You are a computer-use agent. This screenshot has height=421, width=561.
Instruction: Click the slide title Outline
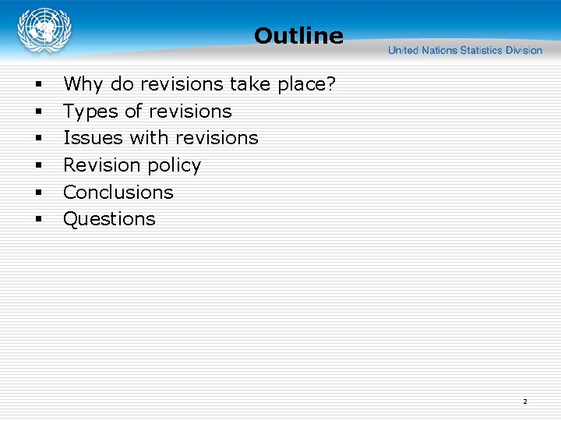pyautogui.click(x=298, y=36)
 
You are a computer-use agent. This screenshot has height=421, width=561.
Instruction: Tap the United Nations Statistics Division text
pyautogui.click(x=465, y=51)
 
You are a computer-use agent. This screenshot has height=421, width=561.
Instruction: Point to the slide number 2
pyautogui.click(x=524, y=402)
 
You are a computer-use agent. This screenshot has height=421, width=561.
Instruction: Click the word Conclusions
pyautogui.click(x=118, y=192)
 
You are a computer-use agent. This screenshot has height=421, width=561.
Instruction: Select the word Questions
pyautogui.click(x=109, y=219)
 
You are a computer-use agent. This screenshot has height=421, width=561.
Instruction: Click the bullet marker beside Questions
pyautogui.click(x=37, y=220)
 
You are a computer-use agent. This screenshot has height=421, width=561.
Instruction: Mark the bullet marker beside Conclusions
pyautogui.click(x=37, y=193)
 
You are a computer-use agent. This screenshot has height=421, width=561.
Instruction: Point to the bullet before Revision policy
pyautogui.click(x=37, y=166)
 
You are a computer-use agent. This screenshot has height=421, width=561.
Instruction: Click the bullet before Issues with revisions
pyautogui.click(x=37, y=139)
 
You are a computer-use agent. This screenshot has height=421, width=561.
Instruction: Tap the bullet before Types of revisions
pyautogui.click(x=37, y=112)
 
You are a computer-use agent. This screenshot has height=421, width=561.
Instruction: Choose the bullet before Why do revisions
pyautogui.click(x=37, y=85)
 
